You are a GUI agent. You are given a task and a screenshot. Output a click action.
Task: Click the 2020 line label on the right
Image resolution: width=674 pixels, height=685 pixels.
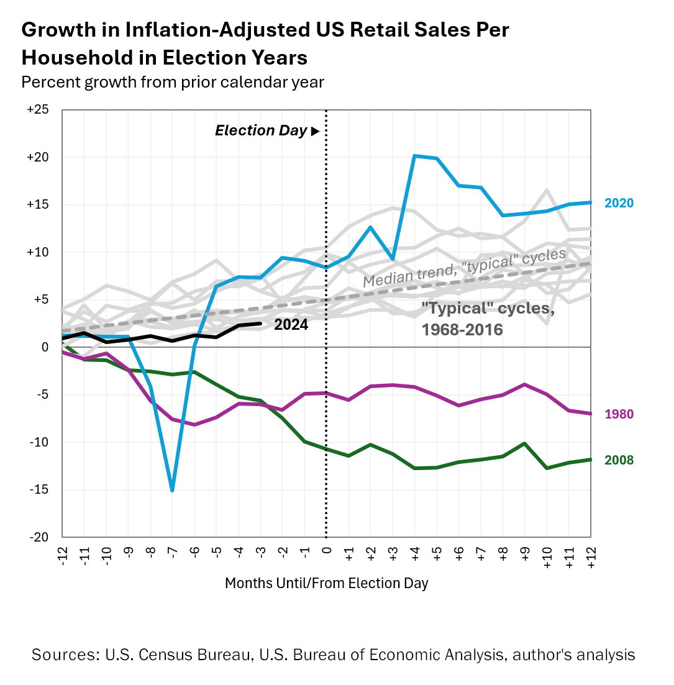point(619,203)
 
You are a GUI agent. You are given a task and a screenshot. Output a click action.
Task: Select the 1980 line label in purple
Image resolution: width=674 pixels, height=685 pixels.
point(619,414)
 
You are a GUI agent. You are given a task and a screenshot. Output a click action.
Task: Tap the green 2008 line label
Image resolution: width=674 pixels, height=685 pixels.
point(619,460)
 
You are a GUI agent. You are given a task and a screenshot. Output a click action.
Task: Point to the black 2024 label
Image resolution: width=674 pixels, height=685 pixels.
point(291,325)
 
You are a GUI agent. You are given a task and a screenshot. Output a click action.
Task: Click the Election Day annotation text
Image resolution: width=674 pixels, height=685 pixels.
point(261,131)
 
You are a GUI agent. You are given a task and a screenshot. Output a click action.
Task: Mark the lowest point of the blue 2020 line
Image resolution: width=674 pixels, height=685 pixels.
point(172,490)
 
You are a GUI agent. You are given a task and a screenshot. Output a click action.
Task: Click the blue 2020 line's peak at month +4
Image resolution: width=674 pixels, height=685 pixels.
point(414,156)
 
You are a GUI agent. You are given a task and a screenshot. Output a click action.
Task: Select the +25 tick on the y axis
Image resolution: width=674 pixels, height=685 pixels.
point(38,110)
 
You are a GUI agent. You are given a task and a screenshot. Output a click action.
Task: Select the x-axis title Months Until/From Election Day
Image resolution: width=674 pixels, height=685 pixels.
point(326,584)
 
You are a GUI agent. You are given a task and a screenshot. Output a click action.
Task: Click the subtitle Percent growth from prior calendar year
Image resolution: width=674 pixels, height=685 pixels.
point(173,82)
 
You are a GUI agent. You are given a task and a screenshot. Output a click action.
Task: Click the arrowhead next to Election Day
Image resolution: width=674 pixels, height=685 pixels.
point(315,132)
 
